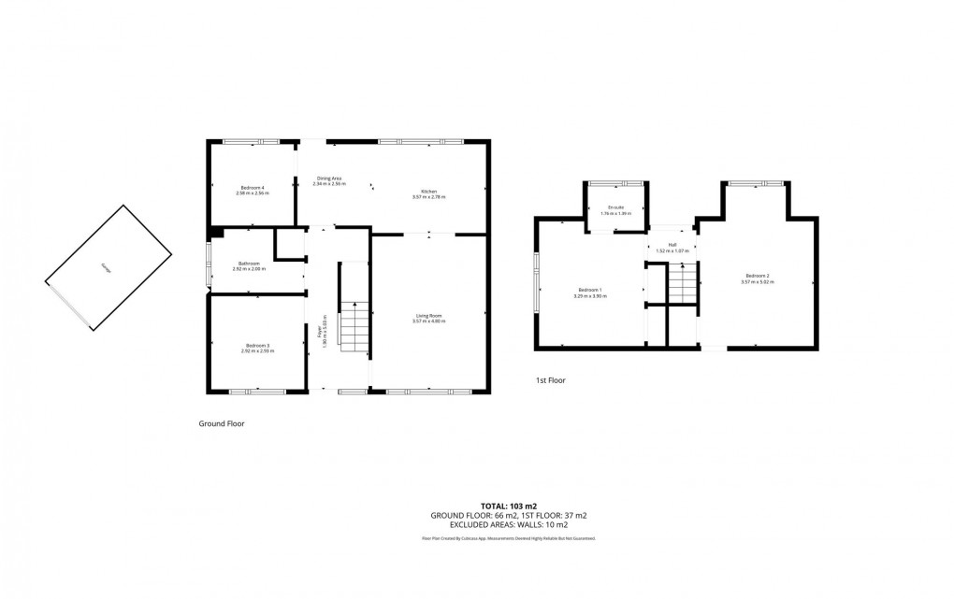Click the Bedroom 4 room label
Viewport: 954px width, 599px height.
[252, 189]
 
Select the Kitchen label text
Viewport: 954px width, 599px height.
[428, 193]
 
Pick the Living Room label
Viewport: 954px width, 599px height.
[429, 318]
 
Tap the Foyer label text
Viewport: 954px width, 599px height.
[321, 331]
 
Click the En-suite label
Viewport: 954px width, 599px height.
[615, 208]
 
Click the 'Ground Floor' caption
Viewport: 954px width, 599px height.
[222, 423]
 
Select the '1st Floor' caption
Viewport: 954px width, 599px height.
[551, 380]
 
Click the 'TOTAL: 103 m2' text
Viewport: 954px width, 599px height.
[509, 505]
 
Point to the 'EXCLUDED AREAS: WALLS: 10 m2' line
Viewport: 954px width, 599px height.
[509, 525]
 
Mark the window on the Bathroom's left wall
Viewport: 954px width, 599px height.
[209, 265]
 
